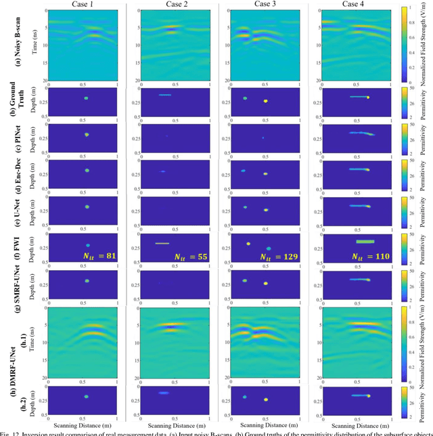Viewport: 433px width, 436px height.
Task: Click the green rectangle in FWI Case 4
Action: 365,241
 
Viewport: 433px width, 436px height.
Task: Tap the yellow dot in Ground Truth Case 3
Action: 266,101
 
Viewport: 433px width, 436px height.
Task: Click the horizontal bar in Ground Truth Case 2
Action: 165,95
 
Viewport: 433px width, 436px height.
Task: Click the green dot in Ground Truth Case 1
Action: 86,97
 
